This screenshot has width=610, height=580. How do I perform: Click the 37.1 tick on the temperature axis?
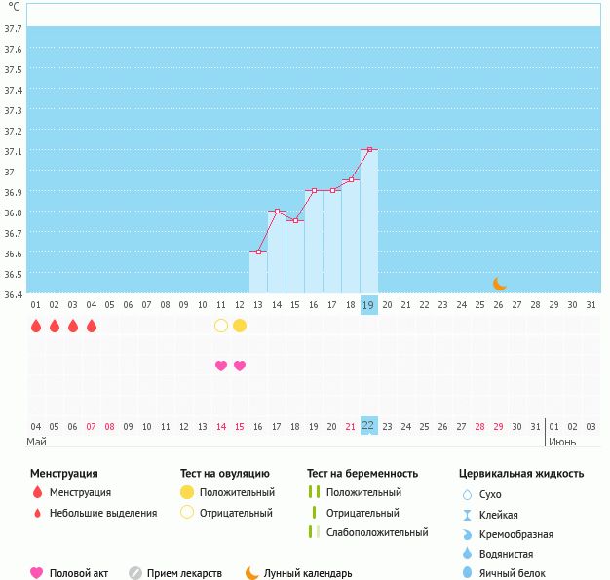coord(13,152)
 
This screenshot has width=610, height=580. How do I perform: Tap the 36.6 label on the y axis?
coord(13,253)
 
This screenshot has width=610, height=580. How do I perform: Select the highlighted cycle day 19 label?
coord(368,305)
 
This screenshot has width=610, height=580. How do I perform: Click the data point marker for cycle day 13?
coord(258,252)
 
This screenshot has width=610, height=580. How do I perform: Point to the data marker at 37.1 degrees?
coord(369,150)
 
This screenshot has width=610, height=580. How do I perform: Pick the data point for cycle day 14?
coord(277,212)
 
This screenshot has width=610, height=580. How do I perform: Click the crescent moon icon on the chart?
coord(499,284)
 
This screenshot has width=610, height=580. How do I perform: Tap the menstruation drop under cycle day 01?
coord(36,326)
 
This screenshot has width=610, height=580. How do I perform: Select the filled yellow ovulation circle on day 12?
coord(240,326)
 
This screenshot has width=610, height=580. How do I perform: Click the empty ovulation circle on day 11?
coord(221,326)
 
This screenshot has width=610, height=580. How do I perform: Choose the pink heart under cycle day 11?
coord(221,366)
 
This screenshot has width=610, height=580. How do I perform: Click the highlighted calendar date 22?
coord(368,425)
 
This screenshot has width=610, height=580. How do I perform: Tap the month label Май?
coord(37,442)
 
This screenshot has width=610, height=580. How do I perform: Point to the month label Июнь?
coord(561,442)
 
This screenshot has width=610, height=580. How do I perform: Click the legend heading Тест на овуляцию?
coord(225,474)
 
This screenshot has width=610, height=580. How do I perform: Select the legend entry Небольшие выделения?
coord(102,513)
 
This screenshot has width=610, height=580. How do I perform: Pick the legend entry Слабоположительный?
coord(377,532)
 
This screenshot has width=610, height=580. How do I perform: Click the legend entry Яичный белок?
coord(513,573)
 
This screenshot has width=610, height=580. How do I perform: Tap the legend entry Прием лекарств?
coord(184,573)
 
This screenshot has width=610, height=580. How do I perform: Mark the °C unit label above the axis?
coord(14,7)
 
